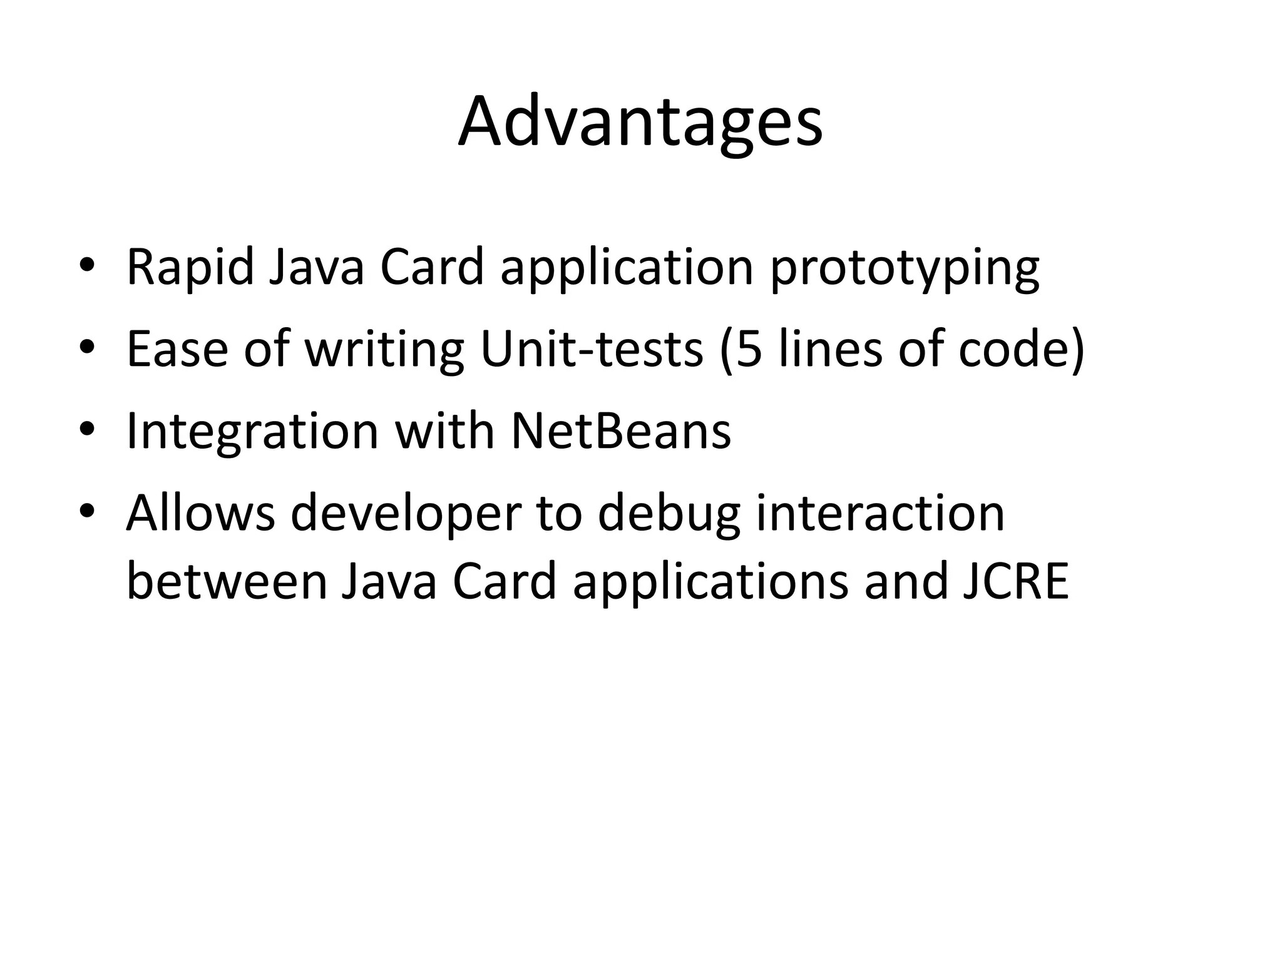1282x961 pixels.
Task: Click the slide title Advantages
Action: (640, 122)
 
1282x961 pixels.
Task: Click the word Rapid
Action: (190, 267)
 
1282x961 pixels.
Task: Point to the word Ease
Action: (177, 349)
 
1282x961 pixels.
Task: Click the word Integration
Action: (252, 432)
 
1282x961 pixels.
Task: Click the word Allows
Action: (200, 513)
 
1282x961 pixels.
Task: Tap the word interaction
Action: (880, 513)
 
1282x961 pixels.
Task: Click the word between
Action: (227, 582)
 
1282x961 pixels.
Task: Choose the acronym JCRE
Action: (1015, 582)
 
